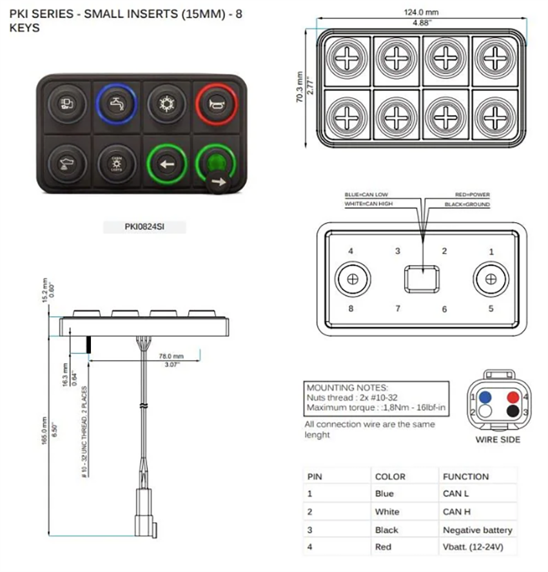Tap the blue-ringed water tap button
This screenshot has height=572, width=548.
117,103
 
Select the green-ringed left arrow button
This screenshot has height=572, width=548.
166,164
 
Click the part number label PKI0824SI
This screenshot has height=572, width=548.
144,227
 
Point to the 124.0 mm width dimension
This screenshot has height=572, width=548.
422,12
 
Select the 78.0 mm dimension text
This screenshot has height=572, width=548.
171,356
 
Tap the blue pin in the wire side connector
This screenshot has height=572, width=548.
484,398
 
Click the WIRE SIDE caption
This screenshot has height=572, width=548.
498,440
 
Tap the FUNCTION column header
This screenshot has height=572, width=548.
465,477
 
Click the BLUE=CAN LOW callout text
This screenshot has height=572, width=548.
366,195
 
